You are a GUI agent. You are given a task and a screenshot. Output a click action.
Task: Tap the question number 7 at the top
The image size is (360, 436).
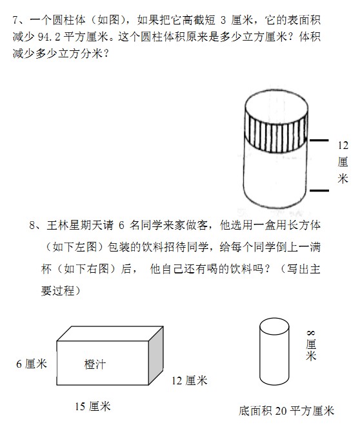click(x=15, y=20)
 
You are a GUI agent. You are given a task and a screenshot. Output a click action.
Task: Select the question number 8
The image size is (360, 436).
click(x=32, y=225)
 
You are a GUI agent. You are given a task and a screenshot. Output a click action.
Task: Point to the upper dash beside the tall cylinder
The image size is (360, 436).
click(x=319, y=140)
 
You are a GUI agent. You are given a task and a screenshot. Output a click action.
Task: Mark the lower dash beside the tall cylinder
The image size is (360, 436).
click(x=319, y=190)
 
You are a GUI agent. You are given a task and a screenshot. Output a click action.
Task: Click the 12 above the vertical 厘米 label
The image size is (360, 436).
click(x=343, y=145)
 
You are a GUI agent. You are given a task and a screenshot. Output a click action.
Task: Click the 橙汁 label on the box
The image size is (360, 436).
click(x=95, y=364)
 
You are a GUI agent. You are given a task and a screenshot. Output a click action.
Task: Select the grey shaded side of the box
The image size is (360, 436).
click(x=155, y=356)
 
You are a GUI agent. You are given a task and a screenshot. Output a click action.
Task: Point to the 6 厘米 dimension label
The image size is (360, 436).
click(x=32, y=364)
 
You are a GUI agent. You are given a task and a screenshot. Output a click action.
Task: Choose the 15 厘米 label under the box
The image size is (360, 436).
click(x=93, y=406)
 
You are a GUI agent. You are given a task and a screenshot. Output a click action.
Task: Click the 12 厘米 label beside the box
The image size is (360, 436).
click(x=190, y=381)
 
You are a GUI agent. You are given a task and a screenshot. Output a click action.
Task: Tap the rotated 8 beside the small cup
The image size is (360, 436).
click(x=311, y=333)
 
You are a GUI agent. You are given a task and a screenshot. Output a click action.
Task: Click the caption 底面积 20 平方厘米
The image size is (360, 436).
click(x=286, y=411)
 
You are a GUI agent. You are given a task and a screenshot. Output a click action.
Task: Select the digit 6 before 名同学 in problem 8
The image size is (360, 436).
click(x=121, y=225)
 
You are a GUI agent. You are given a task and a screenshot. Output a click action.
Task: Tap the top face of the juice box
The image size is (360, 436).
click(x=110, y=333)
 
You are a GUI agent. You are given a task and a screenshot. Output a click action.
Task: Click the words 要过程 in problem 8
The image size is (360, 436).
click(x=58, y=291)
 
